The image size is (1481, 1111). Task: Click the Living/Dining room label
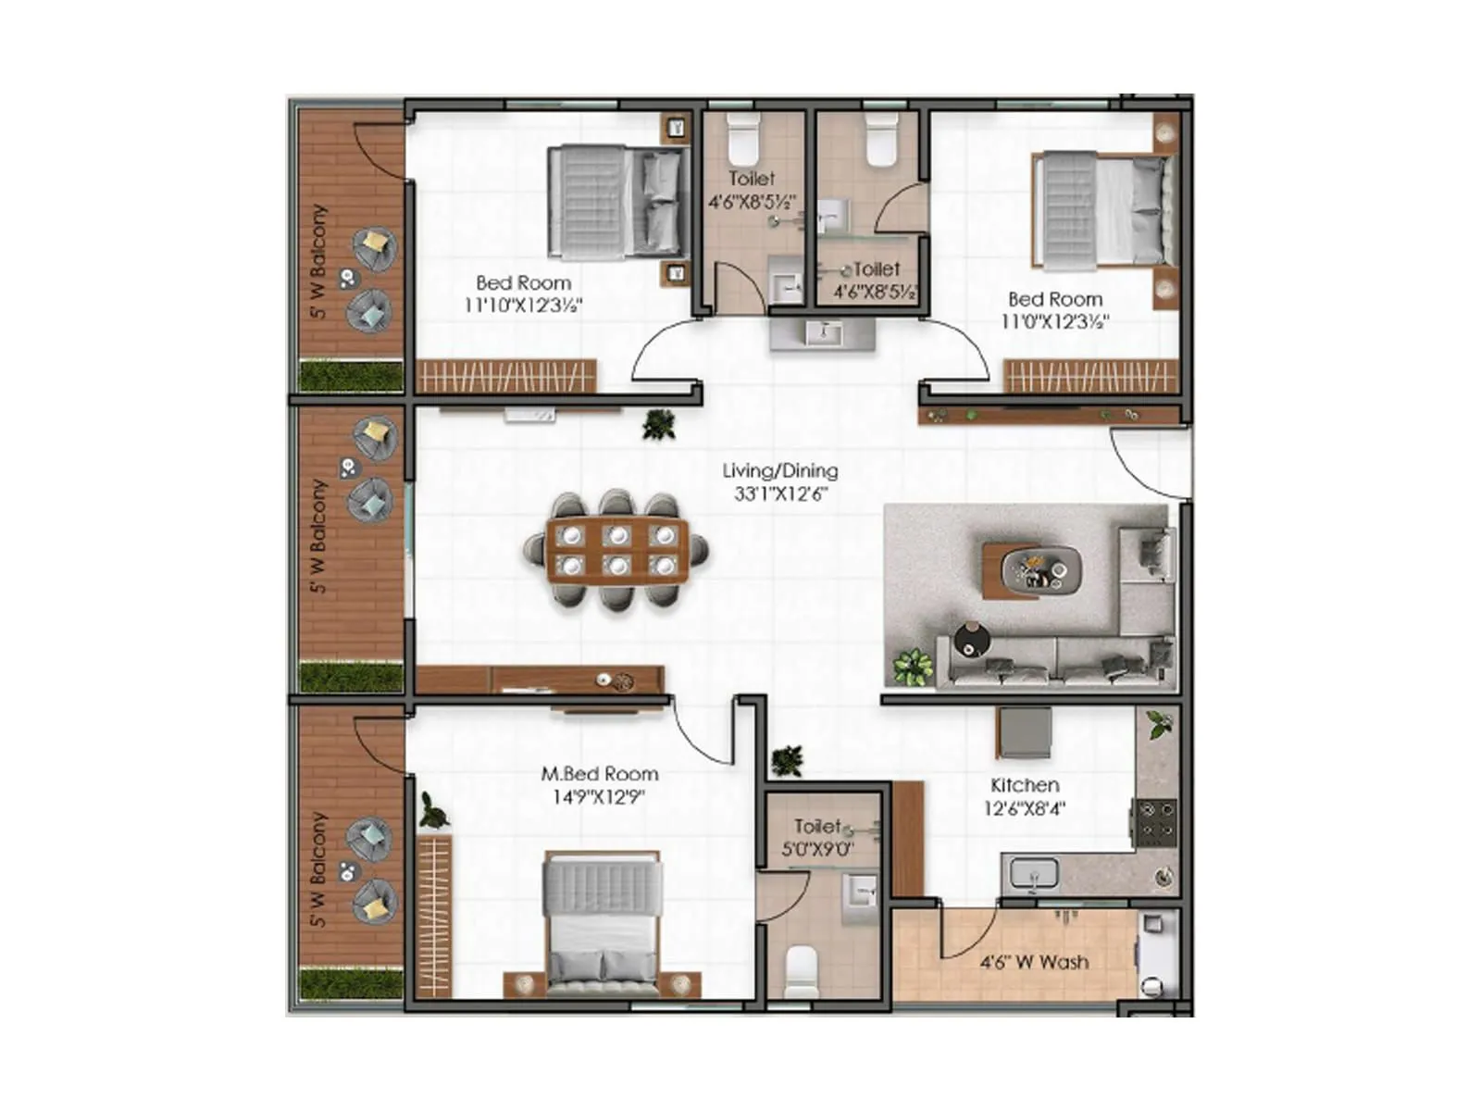pos(779,470)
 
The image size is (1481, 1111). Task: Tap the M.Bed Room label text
pos(600,774)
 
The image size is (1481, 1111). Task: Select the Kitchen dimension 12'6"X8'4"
pos(1024,808)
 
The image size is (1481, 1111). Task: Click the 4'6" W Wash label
pos(1034,963)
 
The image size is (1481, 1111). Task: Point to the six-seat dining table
pos(616,550)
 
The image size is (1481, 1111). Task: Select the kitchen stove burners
pos(1155,819)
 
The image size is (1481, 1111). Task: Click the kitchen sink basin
pos(1034,873)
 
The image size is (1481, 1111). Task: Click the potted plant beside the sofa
pos(913,667)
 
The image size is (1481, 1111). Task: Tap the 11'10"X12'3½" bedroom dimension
pos(523,306)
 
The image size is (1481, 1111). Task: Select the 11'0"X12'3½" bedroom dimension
pos(1054,322)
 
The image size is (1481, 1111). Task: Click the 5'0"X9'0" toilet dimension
pos(817,849)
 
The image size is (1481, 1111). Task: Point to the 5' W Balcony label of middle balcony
pos(318,536)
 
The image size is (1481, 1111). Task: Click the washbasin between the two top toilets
pos(821,333)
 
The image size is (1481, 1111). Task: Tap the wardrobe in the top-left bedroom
pos(505,376)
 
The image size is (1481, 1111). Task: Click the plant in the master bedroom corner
pos(433,811)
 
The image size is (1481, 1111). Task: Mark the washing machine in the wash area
pos(1157,954)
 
